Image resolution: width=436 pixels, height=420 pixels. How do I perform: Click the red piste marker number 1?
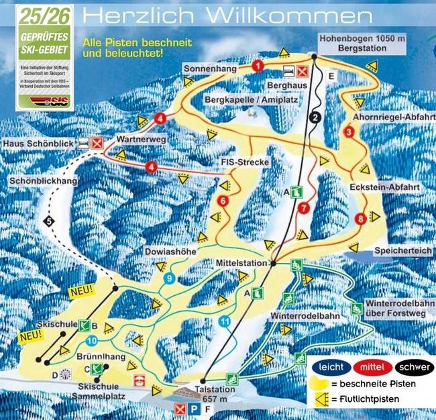(258, 65)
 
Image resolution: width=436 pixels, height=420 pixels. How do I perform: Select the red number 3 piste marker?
(348, 133)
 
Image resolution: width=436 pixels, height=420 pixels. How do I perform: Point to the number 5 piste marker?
(49, 221)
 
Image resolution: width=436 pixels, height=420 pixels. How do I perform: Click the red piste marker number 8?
(361, 217)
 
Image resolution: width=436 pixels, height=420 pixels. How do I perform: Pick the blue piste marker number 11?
(224, 321)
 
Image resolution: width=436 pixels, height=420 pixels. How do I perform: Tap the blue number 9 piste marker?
(170, 278)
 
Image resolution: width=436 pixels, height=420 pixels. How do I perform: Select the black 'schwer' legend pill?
(413, 367)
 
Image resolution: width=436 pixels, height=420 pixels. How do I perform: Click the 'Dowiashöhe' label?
(167, 251)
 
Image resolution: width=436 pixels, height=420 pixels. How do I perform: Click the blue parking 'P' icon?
(194, 409)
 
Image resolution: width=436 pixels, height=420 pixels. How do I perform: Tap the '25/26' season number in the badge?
(44, 14)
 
